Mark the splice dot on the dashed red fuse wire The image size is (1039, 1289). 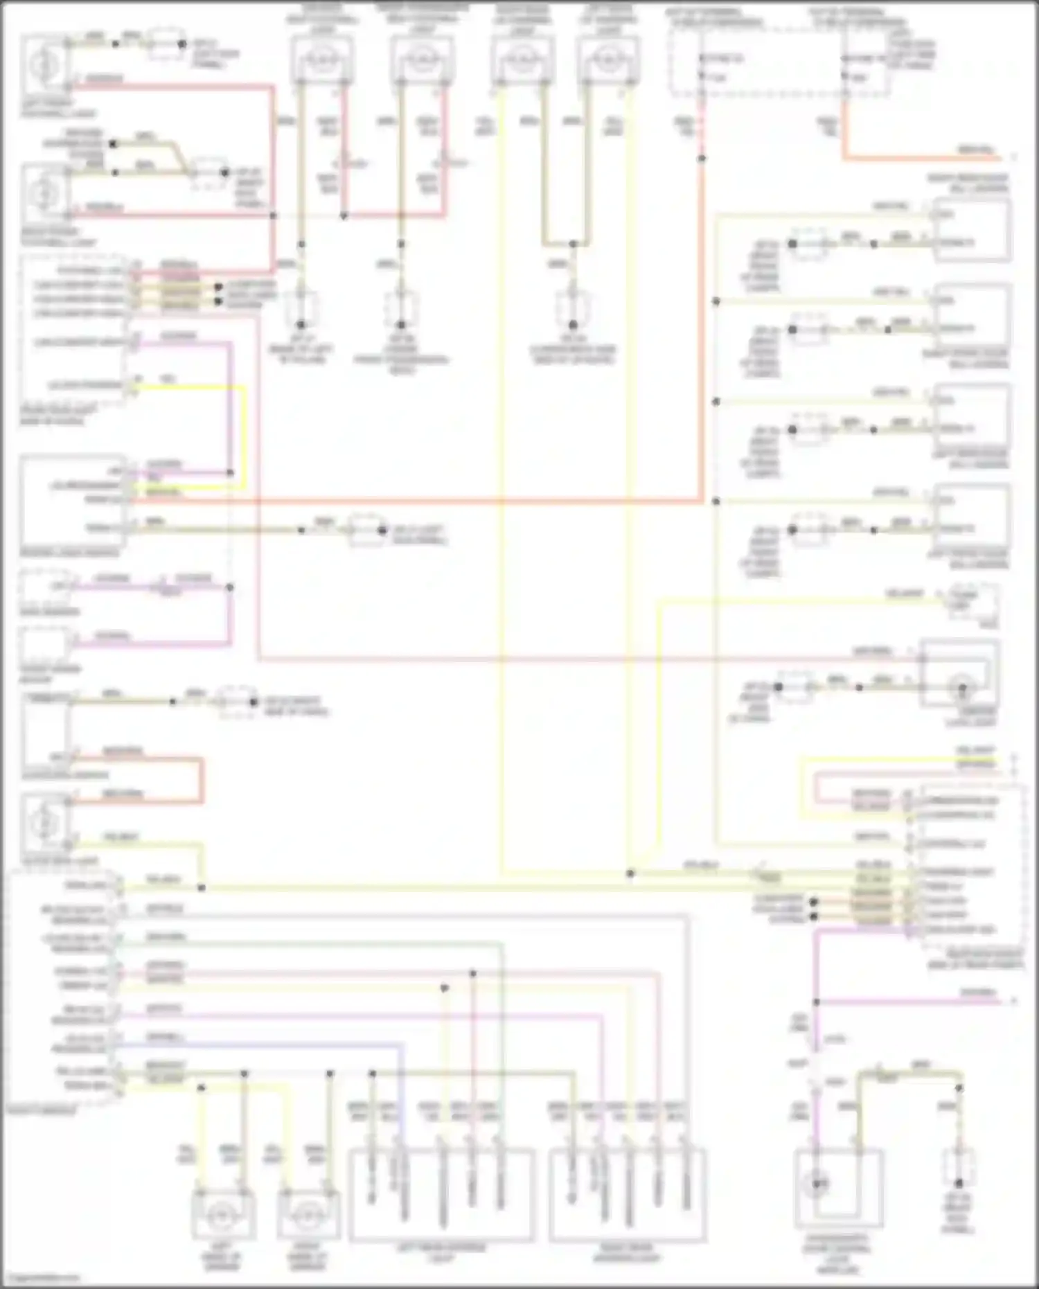(x=702, y=159)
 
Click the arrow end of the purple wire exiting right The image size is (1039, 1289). (x=1013, y=1002)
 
